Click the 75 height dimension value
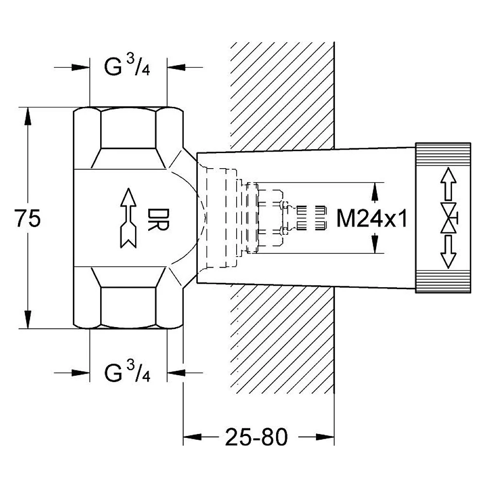point(28,218)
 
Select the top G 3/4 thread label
point(127,66)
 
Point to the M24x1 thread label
point(372,218)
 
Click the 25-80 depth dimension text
point(256,437)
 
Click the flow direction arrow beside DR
point(128,218)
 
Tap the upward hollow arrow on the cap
point(448,184)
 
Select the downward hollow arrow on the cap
point(448,252)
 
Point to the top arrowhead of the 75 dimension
point(28,117)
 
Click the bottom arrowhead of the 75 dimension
point(28,319)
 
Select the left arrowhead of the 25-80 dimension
point(192,437)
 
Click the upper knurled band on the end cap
point(443,154)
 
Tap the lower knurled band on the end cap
point(443,281)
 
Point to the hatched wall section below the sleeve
point(282,339)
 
